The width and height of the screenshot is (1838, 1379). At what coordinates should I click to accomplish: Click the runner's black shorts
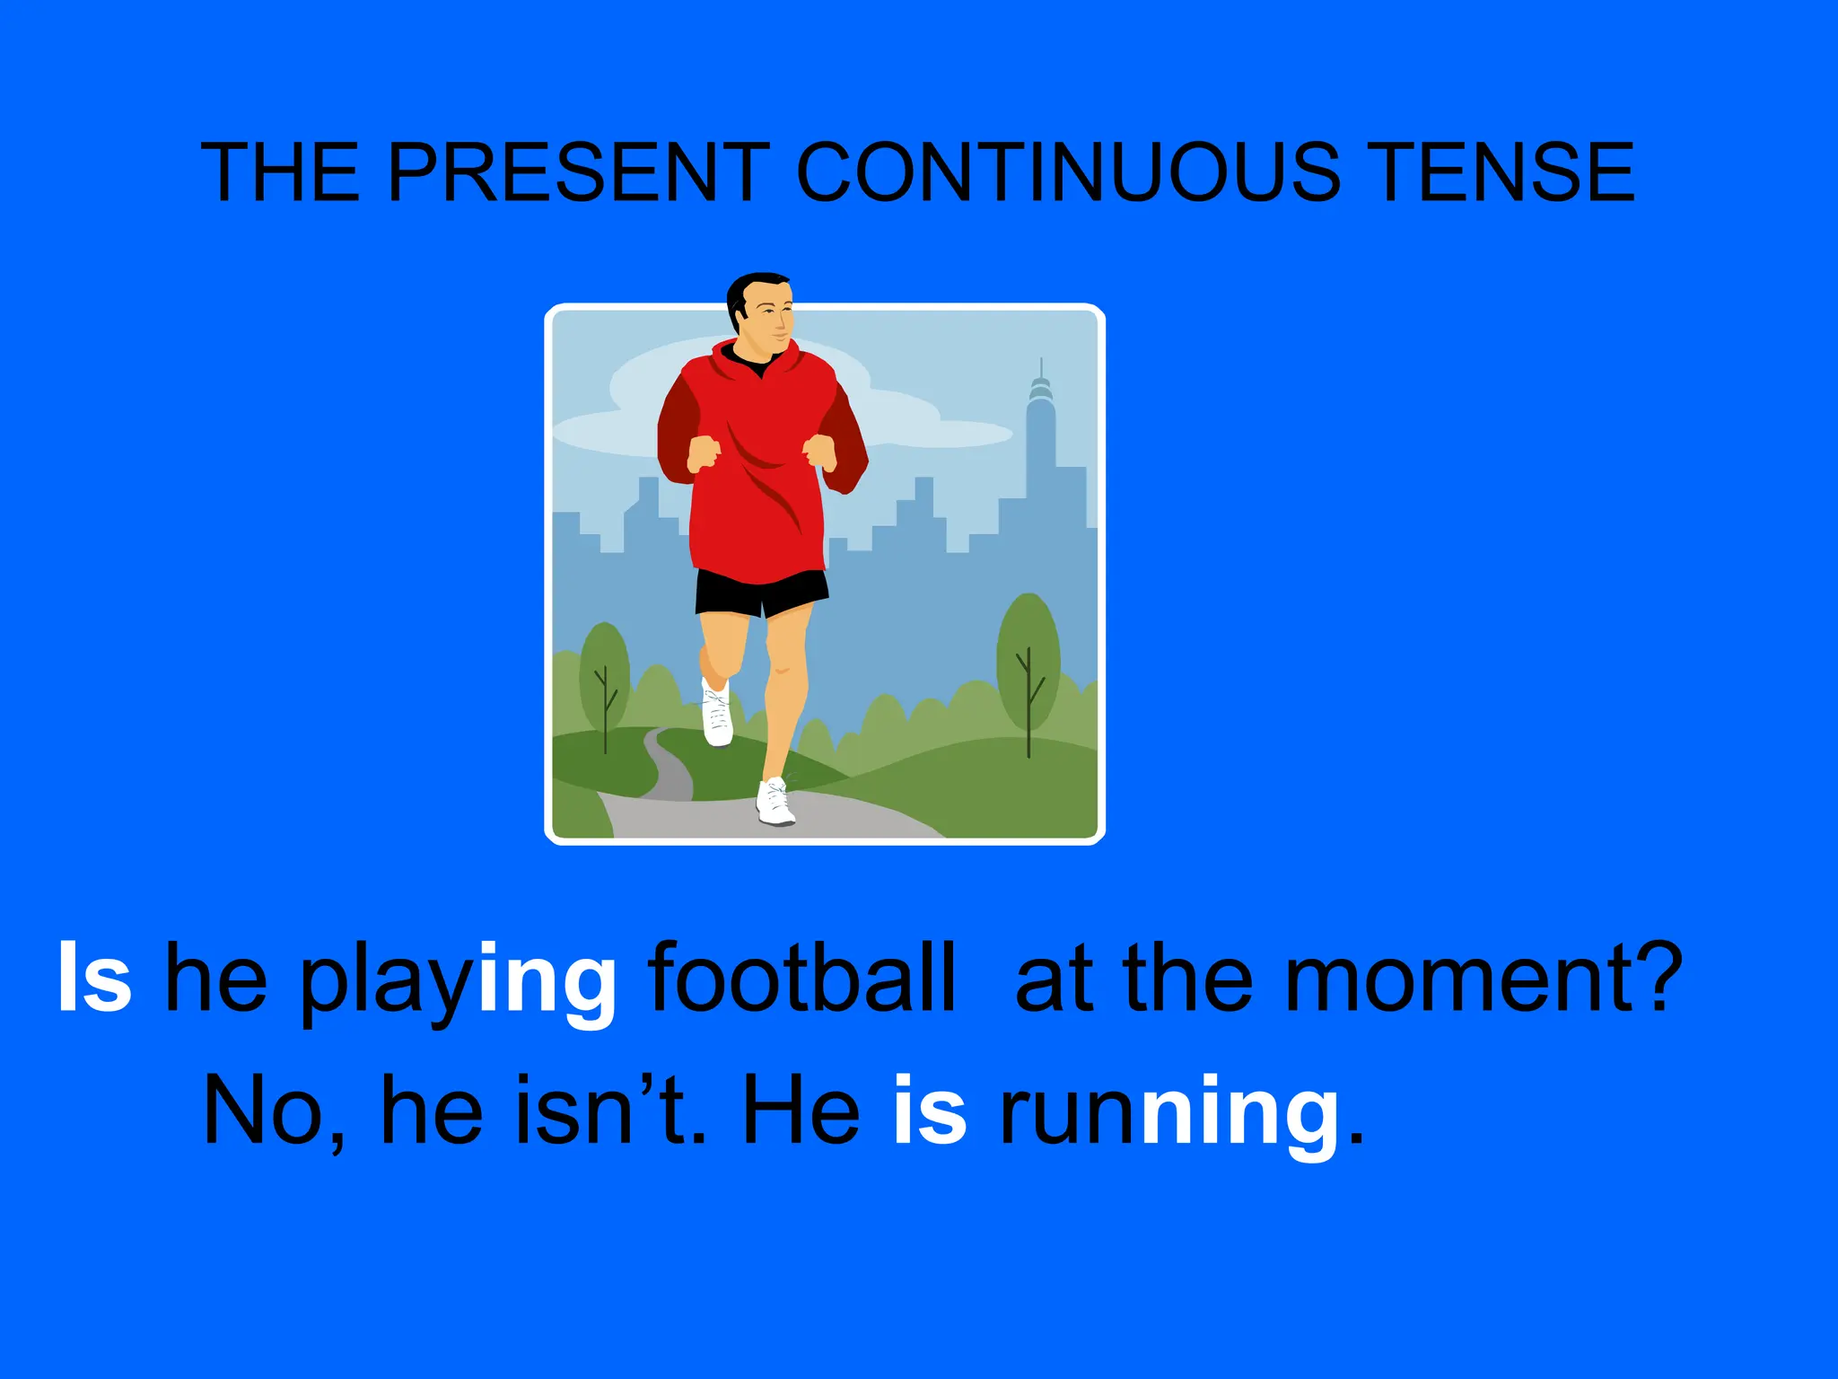(761, 592)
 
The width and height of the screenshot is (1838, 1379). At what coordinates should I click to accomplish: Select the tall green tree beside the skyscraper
(1028, 664)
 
